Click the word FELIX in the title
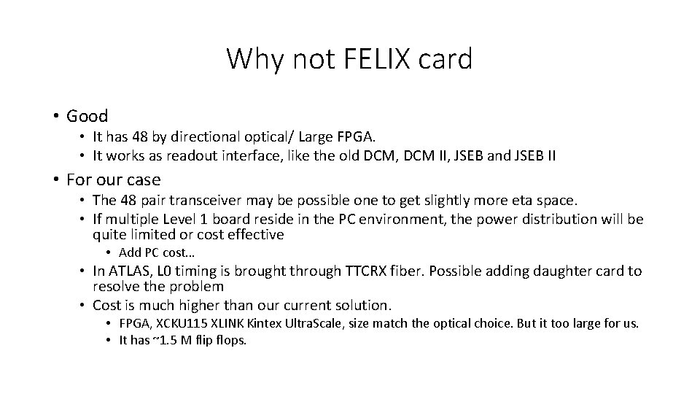(x=357, y=59)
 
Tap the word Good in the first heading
(x=87, y=116)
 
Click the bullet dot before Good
(x=55, y=117)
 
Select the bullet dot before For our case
(x=55, y=179)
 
